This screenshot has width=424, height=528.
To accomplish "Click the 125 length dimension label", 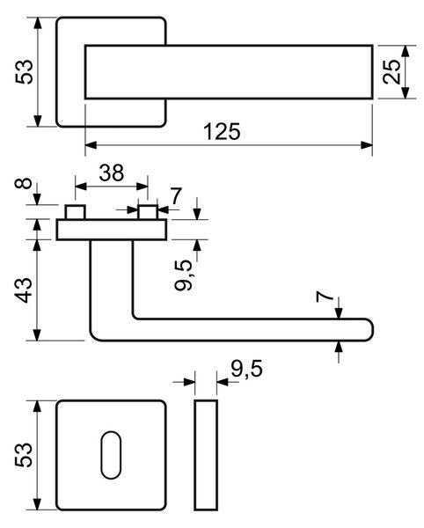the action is [222, 131].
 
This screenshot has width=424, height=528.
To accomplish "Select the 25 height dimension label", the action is [392, 72].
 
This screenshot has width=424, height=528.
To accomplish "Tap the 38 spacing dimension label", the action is [112, 172].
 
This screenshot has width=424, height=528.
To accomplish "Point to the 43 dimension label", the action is [24, 290].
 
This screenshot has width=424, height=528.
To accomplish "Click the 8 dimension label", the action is [24, 184].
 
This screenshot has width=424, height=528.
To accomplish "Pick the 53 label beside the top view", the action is [25, 72].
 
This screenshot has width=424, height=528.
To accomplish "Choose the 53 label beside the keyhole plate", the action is [25, 455].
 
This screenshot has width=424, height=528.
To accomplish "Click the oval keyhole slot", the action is [111, 455].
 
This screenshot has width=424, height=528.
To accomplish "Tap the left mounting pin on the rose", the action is [76, 212].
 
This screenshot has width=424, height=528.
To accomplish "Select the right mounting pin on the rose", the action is [148, 212].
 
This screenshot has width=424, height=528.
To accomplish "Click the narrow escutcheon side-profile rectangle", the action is [206, 455].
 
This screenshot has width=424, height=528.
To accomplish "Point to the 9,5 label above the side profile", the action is [246, 369].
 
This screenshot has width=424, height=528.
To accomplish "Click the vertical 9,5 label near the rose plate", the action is [184, 275].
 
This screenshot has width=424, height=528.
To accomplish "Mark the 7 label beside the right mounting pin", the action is [176, 195].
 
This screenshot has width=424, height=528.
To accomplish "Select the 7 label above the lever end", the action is [325, 297].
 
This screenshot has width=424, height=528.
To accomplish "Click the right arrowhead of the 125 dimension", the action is [367, 145].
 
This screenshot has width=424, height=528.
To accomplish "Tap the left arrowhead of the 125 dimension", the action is [91, 145].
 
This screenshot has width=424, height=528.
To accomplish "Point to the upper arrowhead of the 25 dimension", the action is [406, 51].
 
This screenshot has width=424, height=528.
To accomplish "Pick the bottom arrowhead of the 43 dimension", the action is [37, 334].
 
